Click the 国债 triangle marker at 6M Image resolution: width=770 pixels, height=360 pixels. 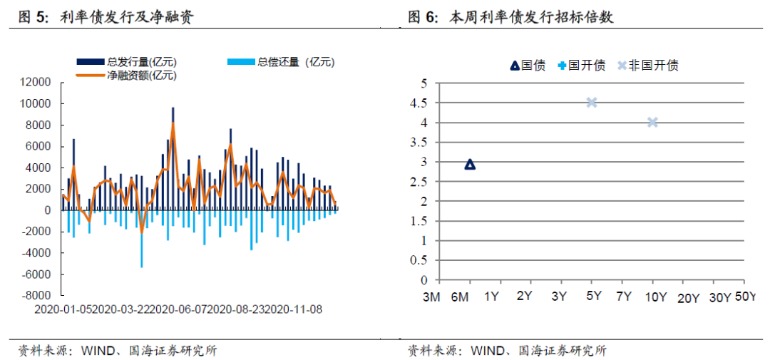click(470, 165)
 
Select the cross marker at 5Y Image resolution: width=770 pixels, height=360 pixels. click(591, 102)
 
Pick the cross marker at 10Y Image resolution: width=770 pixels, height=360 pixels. click(652, 122)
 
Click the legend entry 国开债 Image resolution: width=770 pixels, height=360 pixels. click(581, 66)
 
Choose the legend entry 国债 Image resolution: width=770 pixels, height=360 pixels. click(528, 66)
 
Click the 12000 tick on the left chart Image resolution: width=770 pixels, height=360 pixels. click(36, 83)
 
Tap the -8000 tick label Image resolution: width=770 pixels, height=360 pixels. click(36, 295)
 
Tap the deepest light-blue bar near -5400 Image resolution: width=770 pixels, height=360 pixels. click(142, 242)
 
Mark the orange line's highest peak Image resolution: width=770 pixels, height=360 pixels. click(173, 123)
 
